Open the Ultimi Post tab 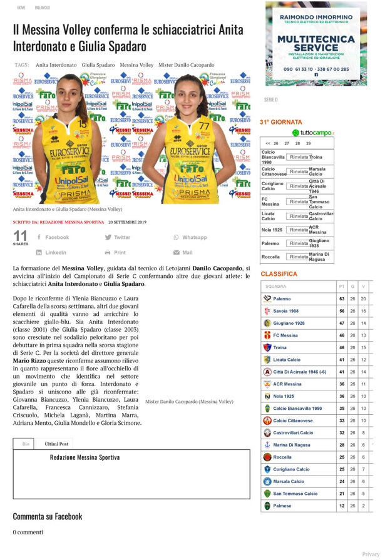(56, 444)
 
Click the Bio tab (26, 444)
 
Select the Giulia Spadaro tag (98, 64)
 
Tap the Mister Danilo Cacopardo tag (186, 64)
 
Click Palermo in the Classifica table (282, 299)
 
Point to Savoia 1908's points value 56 (342, 311)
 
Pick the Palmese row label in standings (282, 506)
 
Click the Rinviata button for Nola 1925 (299, 230)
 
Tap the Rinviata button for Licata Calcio (299, 216)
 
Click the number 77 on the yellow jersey (203, 126)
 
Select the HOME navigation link (21, 8)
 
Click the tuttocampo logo (312, 133)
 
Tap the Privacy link (371, 554)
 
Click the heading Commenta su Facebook (48, 516)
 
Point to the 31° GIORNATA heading (281, 122)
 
